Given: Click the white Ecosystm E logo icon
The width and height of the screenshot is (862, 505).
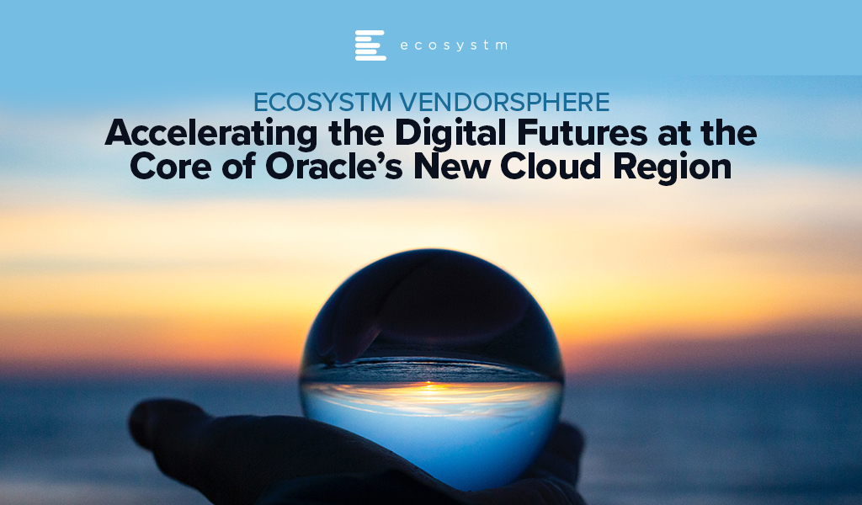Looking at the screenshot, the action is coord(370,45).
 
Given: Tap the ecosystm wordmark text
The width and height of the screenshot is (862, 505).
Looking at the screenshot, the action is coord(454,45).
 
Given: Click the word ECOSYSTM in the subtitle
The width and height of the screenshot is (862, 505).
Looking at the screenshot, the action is coord(322,102).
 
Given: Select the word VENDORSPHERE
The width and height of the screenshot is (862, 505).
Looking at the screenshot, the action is coord(504,102).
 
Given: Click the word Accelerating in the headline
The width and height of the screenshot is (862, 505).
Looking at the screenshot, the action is coord(211,135).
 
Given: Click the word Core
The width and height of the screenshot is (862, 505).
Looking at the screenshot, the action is coord(171,167).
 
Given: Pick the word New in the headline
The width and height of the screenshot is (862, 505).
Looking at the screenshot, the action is coord(451,167).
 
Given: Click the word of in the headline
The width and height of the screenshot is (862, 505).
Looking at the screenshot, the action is coord(238,167).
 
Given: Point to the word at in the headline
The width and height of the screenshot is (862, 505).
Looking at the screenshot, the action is coord(673,135).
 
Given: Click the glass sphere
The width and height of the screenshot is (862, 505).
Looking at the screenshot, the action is coord(432,369).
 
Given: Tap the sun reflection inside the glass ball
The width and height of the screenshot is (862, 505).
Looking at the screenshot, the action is coord(432,388).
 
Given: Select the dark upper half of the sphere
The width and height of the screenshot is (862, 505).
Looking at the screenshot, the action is coord(432,313).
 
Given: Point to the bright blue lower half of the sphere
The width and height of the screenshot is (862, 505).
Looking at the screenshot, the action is coord(432,434).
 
